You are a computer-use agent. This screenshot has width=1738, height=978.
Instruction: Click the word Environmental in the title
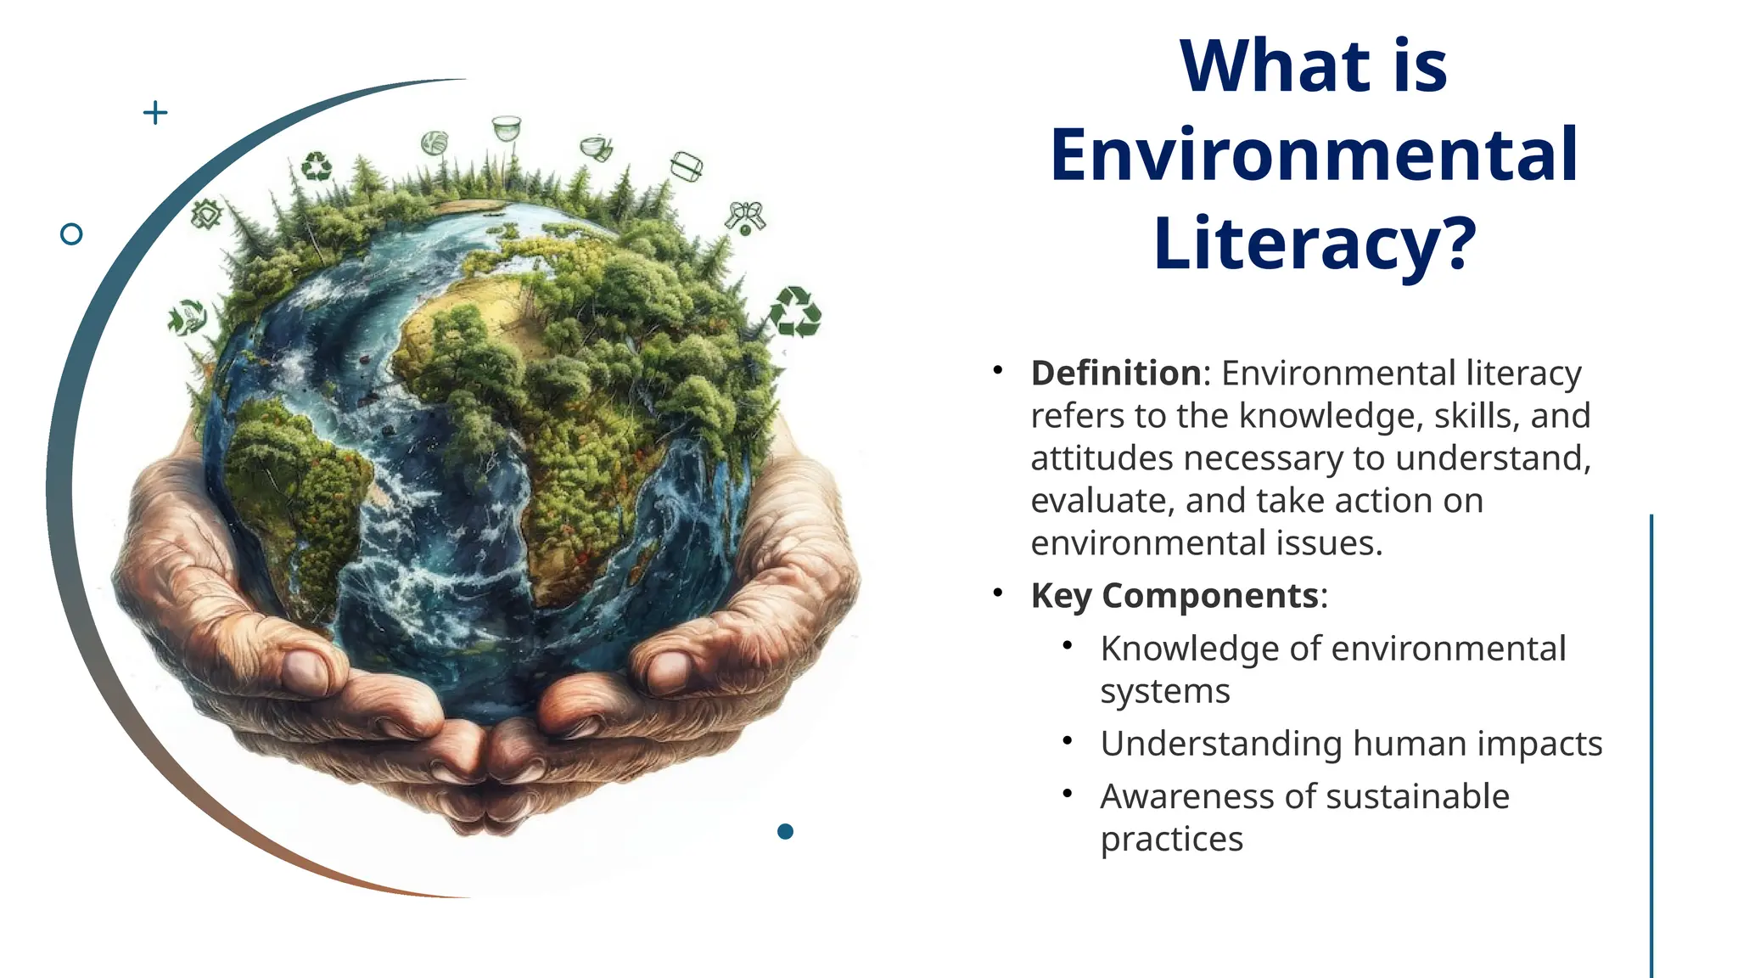(x=1314, y=155)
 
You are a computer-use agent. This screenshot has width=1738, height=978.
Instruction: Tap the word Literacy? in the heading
(x=1315, y=244)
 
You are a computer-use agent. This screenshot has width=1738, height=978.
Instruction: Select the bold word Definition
(x=1115, y=374)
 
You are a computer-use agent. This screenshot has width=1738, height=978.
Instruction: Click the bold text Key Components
(x=1175, y=595)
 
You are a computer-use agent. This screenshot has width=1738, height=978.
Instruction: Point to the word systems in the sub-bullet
(x=1164, y=692)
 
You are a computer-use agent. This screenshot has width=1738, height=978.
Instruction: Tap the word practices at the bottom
(x=1171, y=840)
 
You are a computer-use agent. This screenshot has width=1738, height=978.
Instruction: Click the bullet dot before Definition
(x=999, y=370)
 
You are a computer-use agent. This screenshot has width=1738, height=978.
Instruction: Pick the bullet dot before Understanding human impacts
(x=1068, y=741)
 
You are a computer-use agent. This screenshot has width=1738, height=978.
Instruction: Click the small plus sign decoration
(x=155, y=112)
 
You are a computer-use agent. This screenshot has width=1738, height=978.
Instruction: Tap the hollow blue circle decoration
(x=72, y=234)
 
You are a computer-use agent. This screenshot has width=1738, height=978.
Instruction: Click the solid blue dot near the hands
(x=785, y=831)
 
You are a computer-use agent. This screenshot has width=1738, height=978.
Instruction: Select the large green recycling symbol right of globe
(x=795, y=312)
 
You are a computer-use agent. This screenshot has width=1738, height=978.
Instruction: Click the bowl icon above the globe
(x=507, y=128)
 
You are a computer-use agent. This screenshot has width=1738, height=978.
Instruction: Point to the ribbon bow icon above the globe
(x=745, y=216)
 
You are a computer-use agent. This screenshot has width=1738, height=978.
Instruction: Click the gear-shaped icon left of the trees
(x=206, y=214)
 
